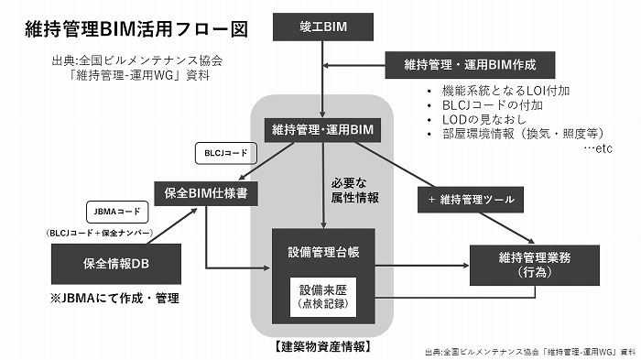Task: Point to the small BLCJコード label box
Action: pos(222,152)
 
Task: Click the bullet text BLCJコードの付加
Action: pos(484,105)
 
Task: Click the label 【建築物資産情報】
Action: pos(322,347)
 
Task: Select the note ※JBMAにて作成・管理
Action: pos(114,299)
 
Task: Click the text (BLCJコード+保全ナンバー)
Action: pos(100,234)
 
